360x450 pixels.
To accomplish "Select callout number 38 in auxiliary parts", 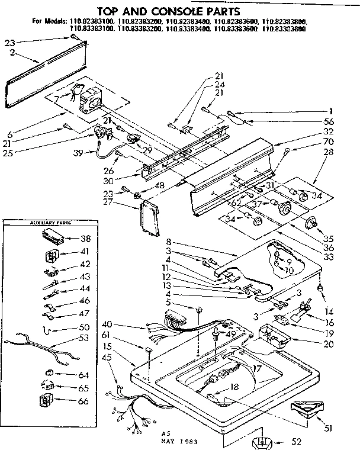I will coord(85,240).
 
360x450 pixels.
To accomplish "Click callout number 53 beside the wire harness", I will coord(85,337).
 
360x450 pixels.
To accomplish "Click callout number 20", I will coord(329,343).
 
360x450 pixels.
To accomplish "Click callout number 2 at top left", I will coord(11,52).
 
